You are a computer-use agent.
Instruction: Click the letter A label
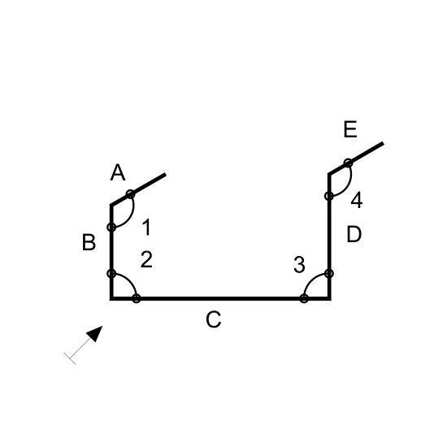tap(118, 172)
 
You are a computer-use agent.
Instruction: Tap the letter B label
tap(89, 242)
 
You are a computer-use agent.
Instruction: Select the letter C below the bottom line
tap(214, 319)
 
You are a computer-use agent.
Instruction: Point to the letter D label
tap(354, 234)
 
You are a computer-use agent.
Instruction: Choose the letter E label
tap(350, 129)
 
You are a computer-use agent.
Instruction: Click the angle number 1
tap(146, 228)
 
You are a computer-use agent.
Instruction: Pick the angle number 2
tap(146, 259)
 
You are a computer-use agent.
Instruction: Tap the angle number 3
tap(299, 265)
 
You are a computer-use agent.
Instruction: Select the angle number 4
tap(357, 200)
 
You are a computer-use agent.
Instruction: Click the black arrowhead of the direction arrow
tap(95, 333)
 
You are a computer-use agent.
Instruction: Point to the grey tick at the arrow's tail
tap(70, 358)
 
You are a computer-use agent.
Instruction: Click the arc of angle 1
tap(131, 215)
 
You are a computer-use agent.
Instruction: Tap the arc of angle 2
tap(129, 281)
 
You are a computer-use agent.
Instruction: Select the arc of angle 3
tap(311, 281)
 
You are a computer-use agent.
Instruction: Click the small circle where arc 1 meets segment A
tap(130, 194)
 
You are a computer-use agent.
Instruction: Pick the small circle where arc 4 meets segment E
tap(348, 163)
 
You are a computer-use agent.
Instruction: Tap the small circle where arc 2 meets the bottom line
tap(137, 298)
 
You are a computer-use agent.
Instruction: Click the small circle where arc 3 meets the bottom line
tap(304, 298)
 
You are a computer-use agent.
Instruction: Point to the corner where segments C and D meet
tap(329, 298)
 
